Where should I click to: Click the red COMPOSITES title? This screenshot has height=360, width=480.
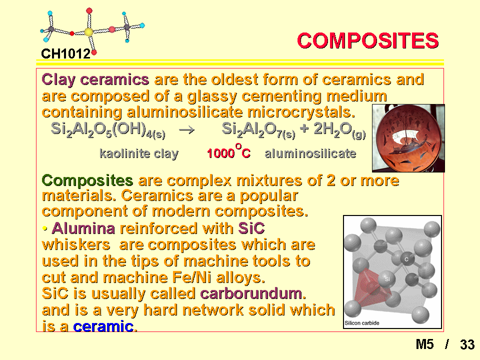click(x=367, y=40)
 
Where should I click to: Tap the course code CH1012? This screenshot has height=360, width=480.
click(x=66, y=54)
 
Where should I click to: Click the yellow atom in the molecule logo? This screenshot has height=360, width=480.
click(x=88, y=32)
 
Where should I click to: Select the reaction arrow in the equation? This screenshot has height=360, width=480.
click(x=186, y=130)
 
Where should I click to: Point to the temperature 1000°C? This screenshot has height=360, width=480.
click(x=228, y=151)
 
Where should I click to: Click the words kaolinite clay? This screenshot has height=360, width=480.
click(x=139, y=153)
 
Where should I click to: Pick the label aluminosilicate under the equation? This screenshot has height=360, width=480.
click(x=310, y=153)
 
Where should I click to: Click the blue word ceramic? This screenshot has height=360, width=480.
click(x=103, y=326)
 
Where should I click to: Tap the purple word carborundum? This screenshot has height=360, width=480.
click(x=251, y=293)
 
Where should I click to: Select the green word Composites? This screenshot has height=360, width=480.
click(x=87, y=180)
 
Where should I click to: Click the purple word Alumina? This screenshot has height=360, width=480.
click(x=83, y=228)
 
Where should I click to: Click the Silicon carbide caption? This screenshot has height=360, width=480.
click(x=362, y=323)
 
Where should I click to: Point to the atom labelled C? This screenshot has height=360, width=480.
click(x=406, y=259)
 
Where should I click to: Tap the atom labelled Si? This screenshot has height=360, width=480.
click(x=387, y=279)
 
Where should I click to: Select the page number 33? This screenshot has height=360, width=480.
click(x=467, y=344)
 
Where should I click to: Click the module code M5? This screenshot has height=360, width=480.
click(x=424, y=344)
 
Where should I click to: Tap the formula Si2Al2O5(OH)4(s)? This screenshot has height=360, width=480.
click(x=108, y=130)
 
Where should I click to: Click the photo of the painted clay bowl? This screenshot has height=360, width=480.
click(x=408, y=138)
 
